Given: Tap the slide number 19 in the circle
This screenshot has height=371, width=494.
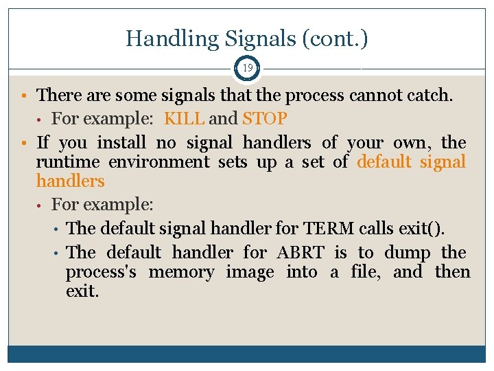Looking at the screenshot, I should click(247, 68).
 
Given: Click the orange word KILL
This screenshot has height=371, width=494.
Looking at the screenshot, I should click(185, 118).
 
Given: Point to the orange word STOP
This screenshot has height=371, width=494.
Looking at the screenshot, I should click(264, 118).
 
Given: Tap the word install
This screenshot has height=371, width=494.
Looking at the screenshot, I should click(121, 143).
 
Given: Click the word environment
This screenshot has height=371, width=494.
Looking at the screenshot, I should click(161, 162).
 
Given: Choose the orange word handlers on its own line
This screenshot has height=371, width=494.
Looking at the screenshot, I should click(70, 181).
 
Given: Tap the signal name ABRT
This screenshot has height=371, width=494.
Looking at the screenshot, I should click(301, 253).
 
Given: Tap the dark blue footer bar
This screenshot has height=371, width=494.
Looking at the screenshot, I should click(247, 354).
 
